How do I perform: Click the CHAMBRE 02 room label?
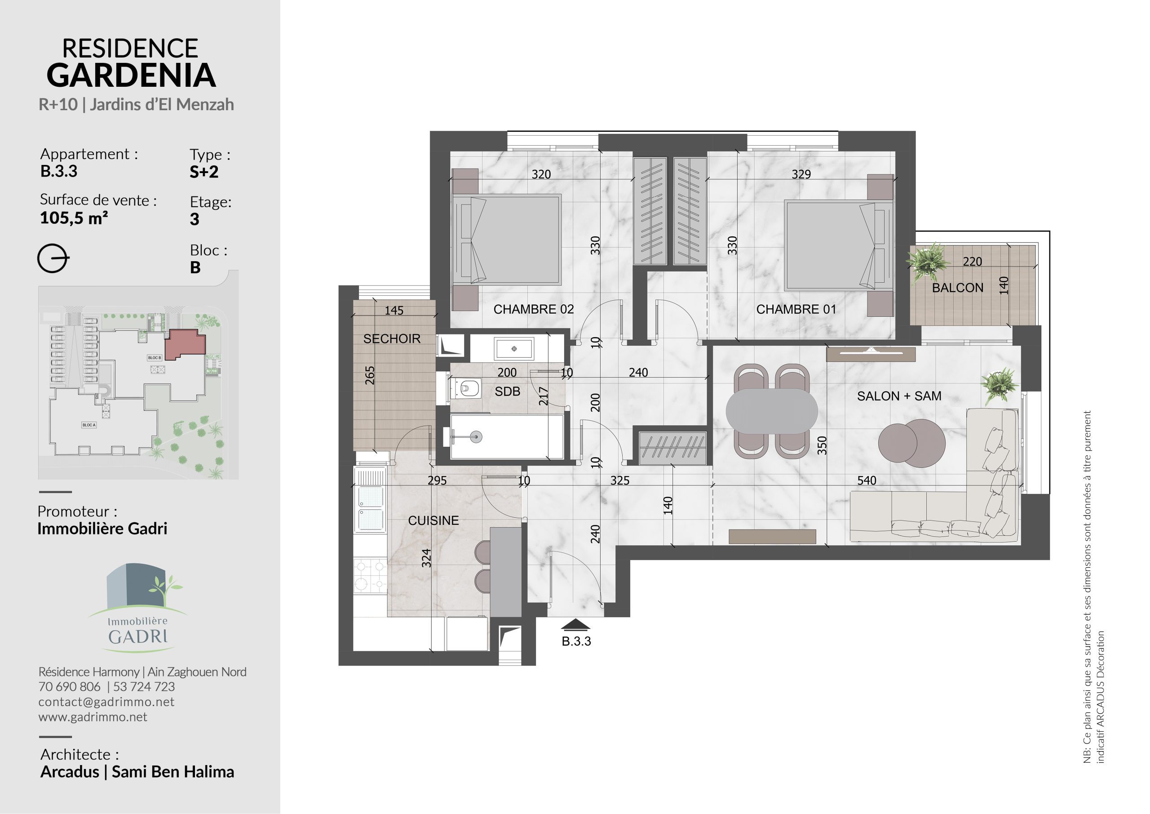click(x=533, y=309)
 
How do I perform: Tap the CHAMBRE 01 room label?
click(x=796, y=309)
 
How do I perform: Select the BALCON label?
click(x=958, y=288)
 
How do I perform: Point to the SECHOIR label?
click(x=392, y=339)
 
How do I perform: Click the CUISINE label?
click(x=433, y=521)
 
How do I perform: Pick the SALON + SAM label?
click(x=899, y=396)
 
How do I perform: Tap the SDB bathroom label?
click(x=507, y=391)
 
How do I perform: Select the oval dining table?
click(x=772, y=412)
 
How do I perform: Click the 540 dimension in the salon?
click(x=867, y=480)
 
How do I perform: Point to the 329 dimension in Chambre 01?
click(x=801, y=174)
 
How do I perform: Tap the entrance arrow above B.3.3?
click(x=576, y=624)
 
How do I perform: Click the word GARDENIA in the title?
click(x=131, y=75)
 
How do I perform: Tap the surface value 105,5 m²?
click(x=74, y=218)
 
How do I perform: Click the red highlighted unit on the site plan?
click(x=186, y=344)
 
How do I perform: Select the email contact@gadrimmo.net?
click(x=106, y=702)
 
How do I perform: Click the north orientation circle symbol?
click(x=53, y=259)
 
